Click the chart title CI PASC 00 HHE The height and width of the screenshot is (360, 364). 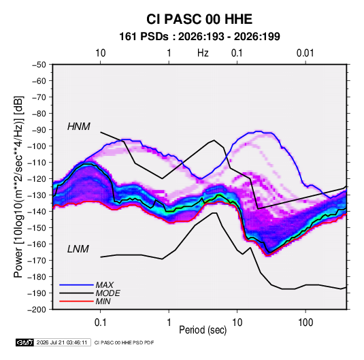(199, 19)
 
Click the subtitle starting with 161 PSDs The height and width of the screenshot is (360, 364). (199, 37)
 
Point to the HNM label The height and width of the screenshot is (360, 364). (79, 127)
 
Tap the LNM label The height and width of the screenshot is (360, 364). (78, 249)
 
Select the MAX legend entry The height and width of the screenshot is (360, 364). (105, 284)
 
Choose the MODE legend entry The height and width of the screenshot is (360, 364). (108, 293)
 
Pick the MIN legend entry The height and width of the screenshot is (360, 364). (103, 301)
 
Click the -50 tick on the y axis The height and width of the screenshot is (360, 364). (39, 65)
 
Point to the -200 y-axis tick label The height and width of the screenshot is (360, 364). (37, 310)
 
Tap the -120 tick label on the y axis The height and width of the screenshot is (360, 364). (37, 179)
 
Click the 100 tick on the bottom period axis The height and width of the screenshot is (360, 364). (305, 323)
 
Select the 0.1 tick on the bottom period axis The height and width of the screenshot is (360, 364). (100, 323)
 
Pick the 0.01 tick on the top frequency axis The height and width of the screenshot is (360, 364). (305, 53)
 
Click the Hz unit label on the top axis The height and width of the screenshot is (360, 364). (203, 53)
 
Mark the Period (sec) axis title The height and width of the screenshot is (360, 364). (203, 330)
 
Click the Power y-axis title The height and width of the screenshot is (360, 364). (18, 186)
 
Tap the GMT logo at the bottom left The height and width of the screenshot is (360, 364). (24, 342)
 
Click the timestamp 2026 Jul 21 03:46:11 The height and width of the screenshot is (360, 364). (62, 342)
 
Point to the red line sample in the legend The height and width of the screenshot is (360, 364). (76, 301)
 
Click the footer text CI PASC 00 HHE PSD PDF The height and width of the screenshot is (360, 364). (124, 342)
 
